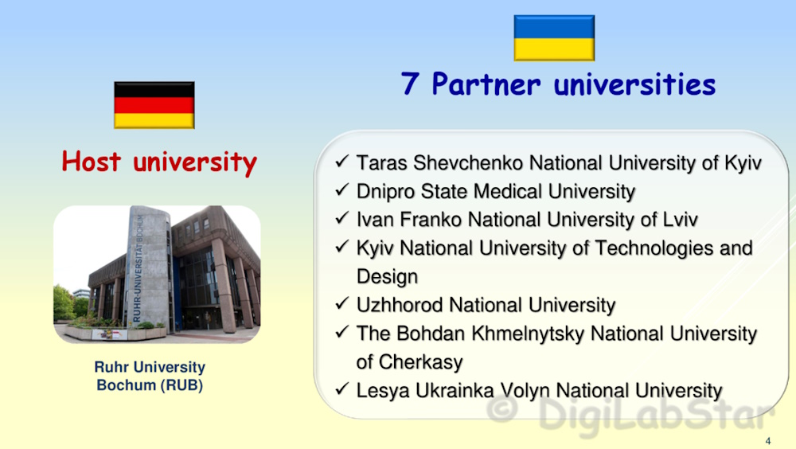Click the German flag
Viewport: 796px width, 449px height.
coord(154,105)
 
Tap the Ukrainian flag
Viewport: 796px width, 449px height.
coord(554,38)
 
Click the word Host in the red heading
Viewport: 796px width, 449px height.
coord(92,162)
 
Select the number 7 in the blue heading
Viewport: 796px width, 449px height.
coord(410,84)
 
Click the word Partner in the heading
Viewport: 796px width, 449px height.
coord(486,84)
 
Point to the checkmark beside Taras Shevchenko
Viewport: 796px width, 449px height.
coord(342,162)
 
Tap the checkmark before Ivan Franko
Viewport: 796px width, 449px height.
coord(342,219)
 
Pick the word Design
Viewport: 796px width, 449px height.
coord(388,277)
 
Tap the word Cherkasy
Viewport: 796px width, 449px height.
coord(421,362)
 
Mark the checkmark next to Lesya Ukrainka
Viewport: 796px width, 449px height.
coord(342,389)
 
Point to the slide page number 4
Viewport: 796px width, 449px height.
coord(768,441)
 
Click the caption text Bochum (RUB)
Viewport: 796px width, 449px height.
coord(150,385)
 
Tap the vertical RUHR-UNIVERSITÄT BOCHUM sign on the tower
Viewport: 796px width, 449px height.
coord(137,268)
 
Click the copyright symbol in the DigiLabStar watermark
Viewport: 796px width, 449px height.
coord(502,409)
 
